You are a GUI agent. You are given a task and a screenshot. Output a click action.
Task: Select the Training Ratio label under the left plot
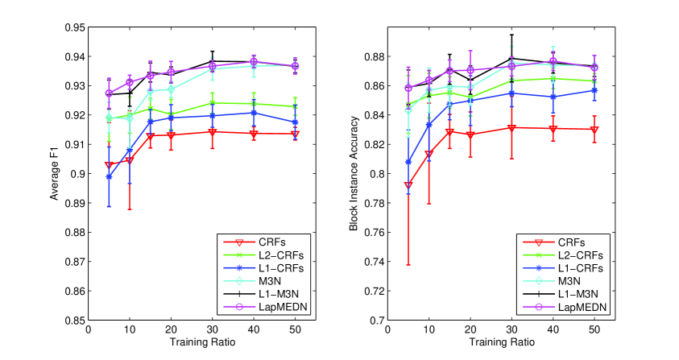click(x=201, y=343)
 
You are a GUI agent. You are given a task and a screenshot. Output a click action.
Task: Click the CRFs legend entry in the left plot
click(x=271, y=242)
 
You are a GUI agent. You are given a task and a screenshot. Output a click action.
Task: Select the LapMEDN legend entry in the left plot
click(x=279, y=308)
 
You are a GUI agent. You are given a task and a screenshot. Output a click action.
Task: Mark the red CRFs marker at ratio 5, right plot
click(x=408, y=185)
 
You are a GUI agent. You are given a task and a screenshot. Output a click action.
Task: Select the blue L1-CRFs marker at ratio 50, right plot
click(x=594, y=90)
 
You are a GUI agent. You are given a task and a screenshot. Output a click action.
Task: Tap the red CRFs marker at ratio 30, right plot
click(x=511, y=127)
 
